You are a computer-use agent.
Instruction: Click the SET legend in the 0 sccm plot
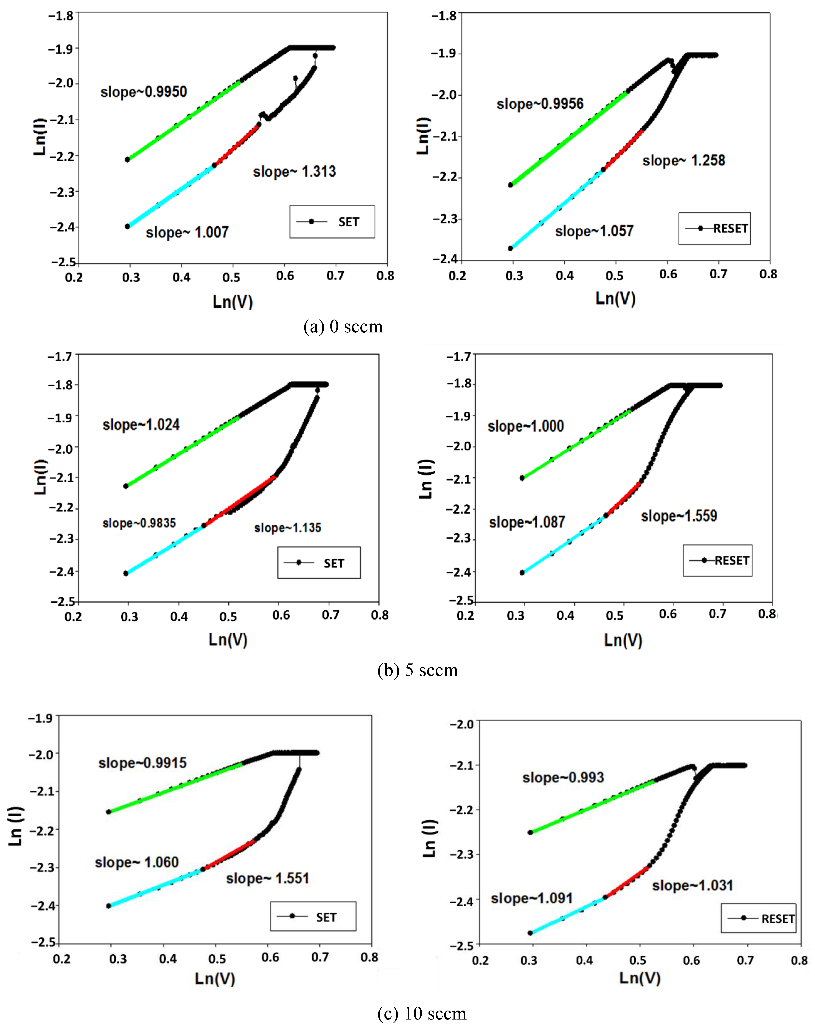pos(332,222)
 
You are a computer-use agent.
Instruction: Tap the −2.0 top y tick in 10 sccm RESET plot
pos(461,724)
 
